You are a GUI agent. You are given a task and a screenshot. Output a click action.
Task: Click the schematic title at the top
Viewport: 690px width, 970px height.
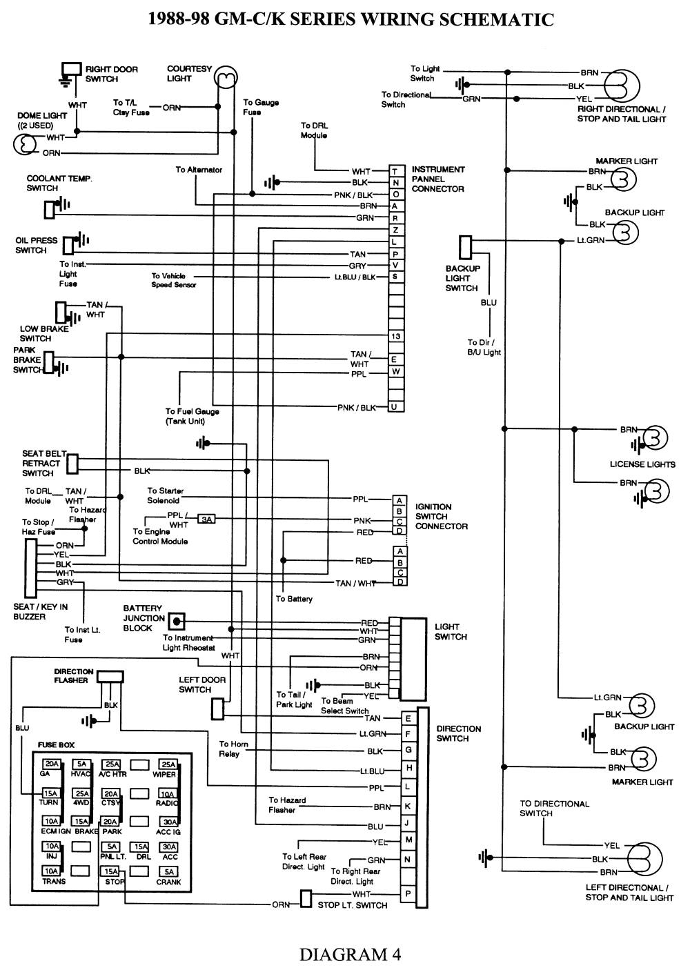pos(351,19)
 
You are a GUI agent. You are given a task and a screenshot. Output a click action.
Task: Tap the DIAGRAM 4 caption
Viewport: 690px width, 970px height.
pos(350,954)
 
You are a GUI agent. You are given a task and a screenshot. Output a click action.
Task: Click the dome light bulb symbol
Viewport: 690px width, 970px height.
pos(25,145)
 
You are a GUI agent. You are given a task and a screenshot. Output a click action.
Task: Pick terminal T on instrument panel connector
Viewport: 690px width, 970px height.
pos(395,172)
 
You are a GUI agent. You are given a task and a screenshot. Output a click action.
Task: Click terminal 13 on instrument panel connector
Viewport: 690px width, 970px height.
pos(395,337)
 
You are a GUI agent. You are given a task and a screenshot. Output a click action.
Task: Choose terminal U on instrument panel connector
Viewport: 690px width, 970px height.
pos(395,407)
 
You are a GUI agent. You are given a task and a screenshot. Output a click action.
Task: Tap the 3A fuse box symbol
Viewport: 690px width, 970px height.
pos(206,519)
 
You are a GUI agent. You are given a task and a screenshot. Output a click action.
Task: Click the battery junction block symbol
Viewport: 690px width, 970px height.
pos(177,622)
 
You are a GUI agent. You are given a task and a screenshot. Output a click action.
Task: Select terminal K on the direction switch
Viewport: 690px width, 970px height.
pos(408,806)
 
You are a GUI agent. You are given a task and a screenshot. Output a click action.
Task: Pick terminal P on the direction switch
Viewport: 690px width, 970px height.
pos(408,894)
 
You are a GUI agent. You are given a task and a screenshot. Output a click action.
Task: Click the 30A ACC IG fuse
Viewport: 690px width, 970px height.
pos(168,822)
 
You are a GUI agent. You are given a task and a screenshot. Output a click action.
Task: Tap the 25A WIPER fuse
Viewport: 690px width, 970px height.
pos(168,764)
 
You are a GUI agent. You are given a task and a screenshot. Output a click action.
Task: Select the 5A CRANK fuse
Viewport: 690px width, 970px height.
pos(168,872)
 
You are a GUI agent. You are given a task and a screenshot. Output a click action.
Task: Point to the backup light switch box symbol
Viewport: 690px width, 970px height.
pos(465,247)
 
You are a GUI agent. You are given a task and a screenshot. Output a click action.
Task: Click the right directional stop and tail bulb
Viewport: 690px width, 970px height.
pos(622,86)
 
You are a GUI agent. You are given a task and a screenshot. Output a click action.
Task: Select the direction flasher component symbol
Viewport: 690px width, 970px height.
pos(110,677)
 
